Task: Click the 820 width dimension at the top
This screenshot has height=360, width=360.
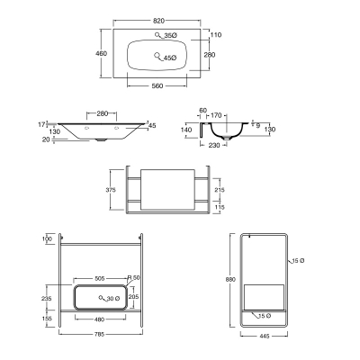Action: tap(158, 21)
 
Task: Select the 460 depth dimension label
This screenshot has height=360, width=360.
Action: tap(101, 53)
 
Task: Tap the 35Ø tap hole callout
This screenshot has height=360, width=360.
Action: tap(171, 35)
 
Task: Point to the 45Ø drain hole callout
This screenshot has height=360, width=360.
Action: tap(170, 58)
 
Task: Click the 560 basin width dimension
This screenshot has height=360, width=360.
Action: tap(157, 86)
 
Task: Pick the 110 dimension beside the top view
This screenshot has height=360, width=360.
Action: tap(216, 35)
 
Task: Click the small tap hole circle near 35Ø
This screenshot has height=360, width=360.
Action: tap(157, 34)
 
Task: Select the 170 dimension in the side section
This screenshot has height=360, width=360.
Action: tap(216, 115)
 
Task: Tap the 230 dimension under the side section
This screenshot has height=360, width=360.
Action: tap(213, 145)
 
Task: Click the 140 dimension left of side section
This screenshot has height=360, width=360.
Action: tap(186, 130)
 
